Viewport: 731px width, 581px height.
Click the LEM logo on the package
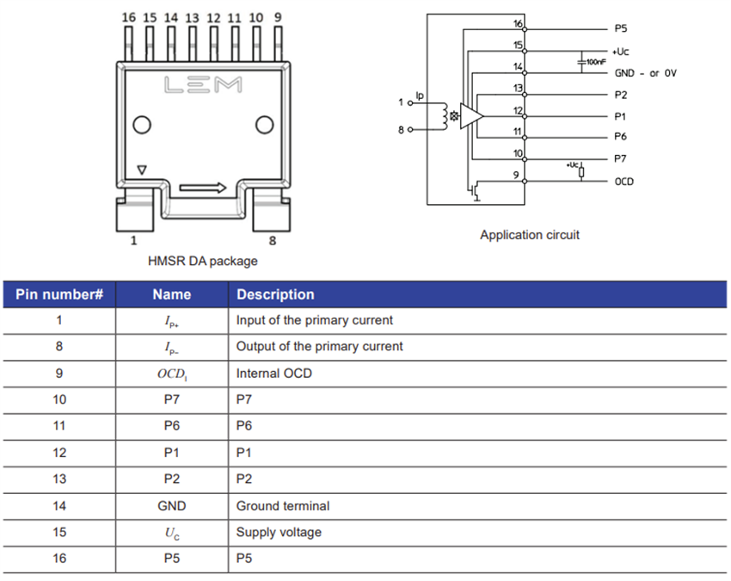[x=203, y=85]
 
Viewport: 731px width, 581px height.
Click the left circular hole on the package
[x=142, y=126]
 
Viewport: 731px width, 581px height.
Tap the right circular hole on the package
[x=264, y=126]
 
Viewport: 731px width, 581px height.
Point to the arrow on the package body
[x=204, y=188]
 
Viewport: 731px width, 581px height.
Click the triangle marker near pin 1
[x=143, y=170]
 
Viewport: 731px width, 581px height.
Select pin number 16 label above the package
[x=128, y=17]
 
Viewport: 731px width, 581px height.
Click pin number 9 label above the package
[x=277, y=17]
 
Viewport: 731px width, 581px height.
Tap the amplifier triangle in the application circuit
[x=470, y=115]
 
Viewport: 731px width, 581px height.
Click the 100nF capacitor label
[x=595, y=62]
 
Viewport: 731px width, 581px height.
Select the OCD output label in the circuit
[x=624, y=182]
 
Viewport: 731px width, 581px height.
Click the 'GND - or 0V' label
[x=645, y=73]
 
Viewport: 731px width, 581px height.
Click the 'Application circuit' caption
[x=530, y=235]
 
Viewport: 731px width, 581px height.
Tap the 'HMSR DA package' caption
[x=203, y=261]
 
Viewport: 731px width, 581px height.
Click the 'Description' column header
[x=275, y=294]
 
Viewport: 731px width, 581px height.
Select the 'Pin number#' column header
[x=59, y=294]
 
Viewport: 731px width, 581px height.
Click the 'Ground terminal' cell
[x=283, y=506]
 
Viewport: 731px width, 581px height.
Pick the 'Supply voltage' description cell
[x=279, y=532]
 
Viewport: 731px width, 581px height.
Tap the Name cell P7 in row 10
[x=171, y=400]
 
